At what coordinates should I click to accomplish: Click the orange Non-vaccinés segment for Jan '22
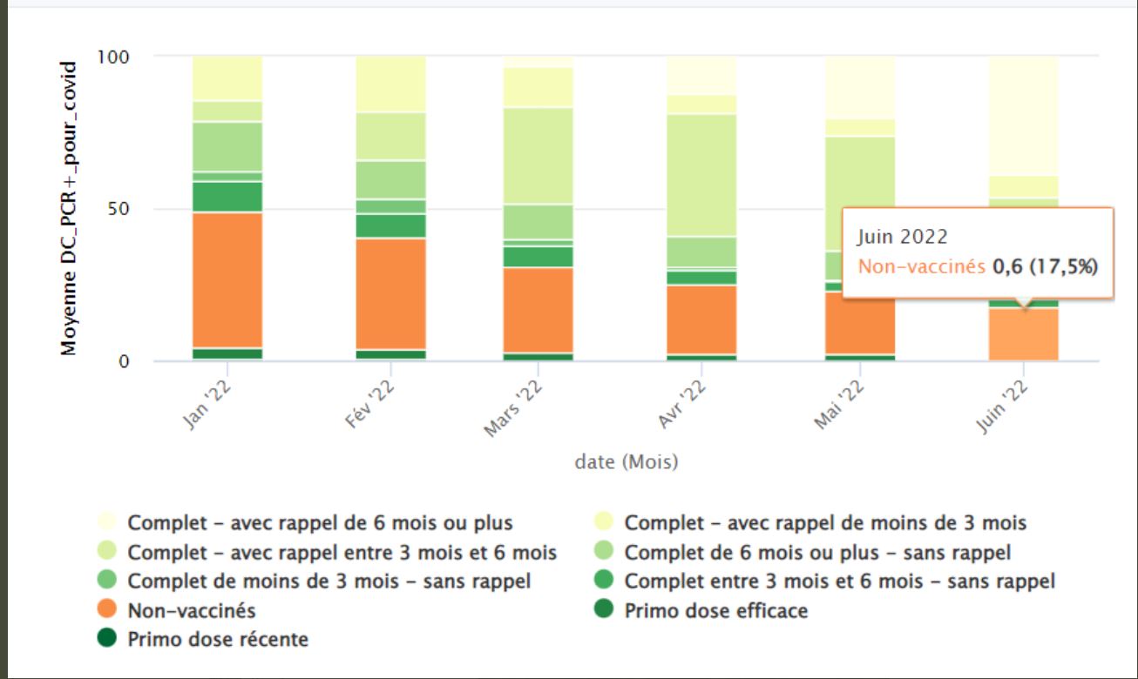[x=227, y=279]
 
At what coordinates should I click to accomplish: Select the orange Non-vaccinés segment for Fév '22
[x=390, y=293]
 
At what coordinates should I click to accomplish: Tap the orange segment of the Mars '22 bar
[x=539, y=309]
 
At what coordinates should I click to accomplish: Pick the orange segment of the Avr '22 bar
[x=701, y=319]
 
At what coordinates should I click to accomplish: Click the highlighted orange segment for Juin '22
[x=1023, y=334]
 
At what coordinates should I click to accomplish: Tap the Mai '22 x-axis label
[x=839, y=403]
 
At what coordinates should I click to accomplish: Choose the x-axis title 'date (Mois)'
[x=626, y=462]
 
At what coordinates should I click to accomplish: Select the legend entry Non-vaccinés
[x=191, y=610]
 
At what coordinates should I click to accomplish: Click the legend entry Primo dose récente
[x=218, y=640]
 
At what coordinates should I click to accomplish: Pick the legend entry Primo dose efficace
[x=715, y=610]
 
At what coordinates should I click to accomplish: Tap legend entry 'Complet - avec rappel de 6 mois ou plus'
[x=320, y=523]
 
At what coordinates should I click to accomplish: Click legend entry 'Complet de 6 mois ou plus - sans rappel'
[x=817, y=552]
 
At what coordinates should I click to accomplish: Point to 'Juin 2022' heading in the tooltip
[x=902, y=236]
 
